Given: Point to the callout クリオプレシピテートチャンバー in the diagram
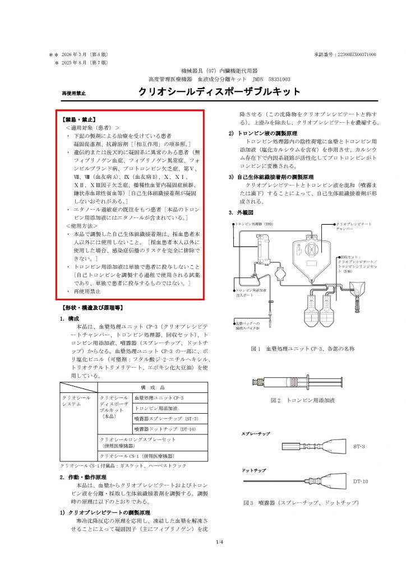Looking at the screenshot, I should coord(353,226).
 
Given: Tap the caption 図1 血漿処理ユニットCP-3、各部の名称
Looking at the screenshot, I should coord(303,349).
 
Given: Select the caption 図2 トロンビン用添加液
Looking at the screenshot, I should coord(302,400).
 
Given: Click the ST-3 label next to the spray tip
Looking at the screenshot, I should coord(359,447).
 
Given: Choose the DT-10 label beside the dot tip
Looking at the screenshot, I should coord(361,481).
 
